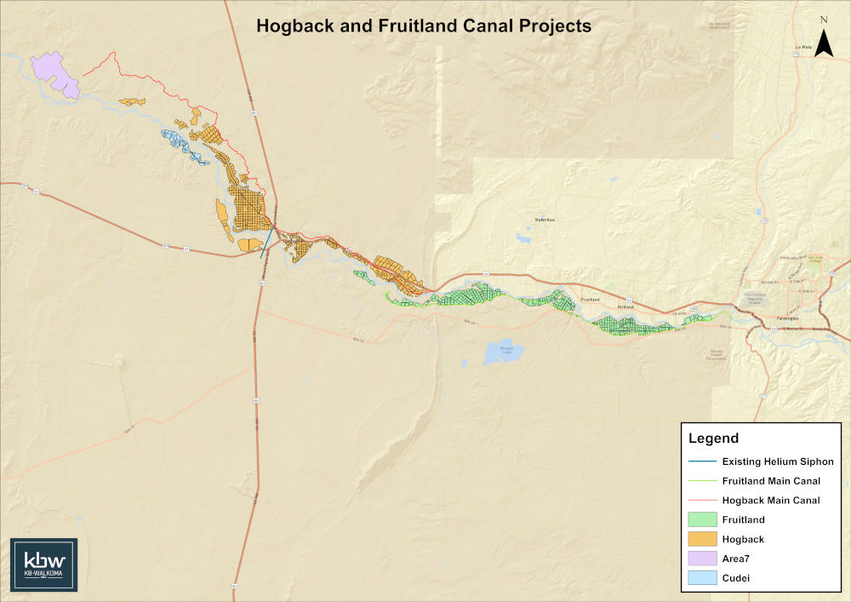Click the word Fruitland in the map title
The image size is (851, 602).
coord(398,26)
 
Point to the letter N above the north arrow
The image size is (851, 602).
coord(823,19)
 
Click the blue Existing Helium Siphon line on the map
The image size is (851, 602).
coord(267,241)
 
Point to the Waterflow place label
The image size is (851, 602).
coord(544,221)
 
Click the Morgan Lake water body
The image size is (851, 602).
coord(500,351)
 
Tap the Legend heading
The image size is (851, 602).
coord(713,439)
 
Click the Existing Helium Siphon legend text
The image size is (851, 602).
coord(777,462)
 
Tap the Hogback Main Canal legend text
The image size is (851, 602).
coord(771,501)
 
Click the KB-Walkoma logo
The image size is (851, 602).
coord(44,565)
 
